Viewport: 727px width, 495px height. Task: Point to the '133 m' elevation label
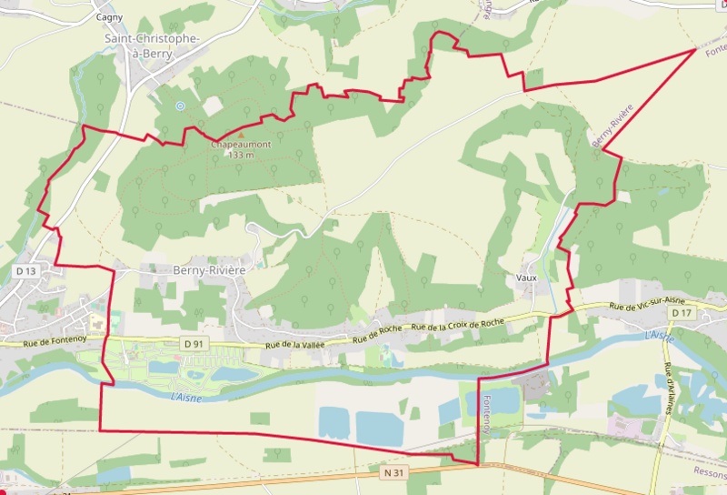(x=241, y=155)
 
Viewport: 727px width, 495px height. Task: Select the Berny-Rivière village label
(x=209, y=270)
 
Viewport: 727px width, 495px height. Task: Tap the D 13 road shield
(x=25, y=271)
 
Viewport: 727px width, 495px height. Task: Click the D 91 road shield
(x=190, y=344)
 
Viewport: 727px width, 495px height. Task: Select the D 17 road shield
(x=682, y=313)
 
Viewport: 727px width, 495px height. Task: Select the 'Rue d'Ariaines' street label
(x=670, y=386)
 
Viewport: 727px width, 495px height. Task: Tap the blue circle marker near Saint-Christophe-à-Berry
(x=180, y=106)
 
